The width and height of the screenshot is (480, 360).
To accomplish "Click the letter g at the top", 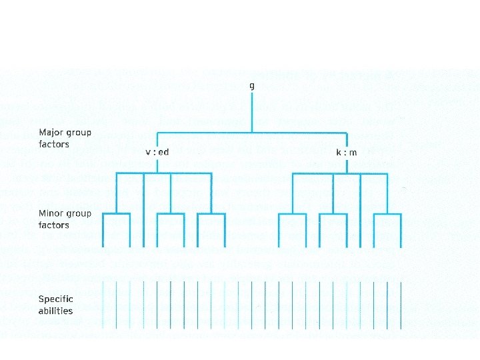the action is [251, 86].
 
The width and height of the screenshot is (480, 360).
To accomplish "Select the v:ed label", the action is [157, 152].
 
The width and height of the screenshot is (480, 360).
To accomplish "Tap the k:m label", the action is [346, 152].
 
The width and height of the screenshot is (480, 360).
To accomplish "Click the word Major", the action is [51, 132].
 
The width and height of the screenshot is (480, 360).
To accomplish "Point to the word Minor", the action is [51, 214].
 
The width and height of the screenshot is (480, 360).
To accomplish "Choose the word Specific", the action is [55, 299].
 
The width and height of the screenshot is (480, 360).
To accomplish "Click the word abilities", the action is [55, 310].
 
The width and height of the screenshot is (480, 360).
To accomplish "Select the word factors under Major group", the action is [53, 143].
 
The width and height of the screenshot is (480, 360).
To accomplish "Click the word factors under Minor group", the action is [53, 225].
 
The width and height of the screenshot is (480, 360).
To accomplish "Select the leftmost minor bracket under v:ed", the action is [117, 215].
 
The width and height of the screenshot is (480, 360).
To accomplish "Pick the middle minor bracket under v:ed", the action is [171, 215].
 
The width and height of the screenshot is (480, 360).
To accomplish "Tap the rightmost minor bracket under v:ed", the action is [211, 215].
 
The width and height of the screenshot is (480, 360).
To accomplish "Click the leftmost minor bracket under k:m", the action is [292, 215].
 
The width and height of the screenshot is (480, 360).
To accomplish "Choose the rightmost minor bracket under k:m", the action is [387, 215].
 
